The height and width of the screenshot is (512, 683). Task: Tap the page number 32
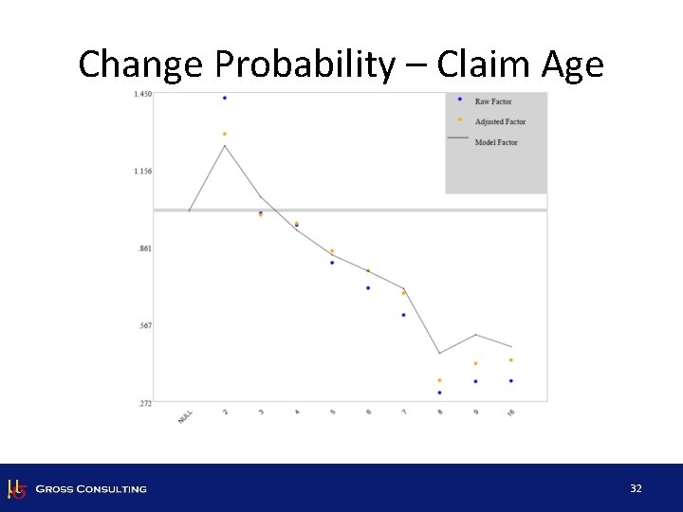click(636, 488)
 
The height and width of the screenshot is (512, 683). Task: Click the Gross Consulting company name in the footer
click(90, 489)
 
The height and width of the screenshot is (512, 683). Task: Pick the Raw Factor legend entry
click(492, 101)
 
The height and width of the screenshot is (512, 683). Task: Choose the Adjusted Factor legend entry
click(499, 122)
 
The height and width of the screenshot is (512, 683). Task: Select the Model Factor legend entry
click(495, 143)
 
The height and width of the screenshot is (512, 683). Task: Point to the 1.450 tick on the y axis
click(143, 94)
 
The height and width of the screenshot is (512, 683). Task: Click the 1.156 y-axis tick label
click(143, 172)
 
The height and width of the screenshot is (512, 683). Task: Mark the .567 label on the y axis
click(145, 326)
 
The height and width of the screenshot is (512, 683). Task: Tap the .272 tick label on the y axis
click(145, 404)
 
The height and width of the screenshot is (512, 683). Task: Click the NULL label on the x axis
click(186, 416)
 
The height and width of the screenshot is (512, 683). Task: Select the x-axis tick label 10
click(510, 414)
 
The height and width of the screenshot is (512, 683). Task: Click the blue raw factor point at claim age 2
click(225, 98)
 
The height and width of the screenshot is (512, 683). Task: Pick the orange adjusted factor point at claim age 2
click(225, 134)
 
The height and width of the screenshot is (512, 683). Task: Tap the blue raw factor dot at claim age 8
click(439, 392)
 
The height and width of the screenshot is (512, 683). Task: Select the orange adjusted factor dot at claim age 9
click(475, 363)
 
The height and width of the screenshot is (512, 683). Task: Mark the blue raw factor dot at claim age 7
click(403, 315)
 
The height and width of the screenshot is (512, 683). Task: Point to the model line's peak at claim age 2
click(225, 146)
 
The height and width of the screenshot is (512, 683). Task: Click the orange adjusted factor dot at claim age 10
click(510, 360)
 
